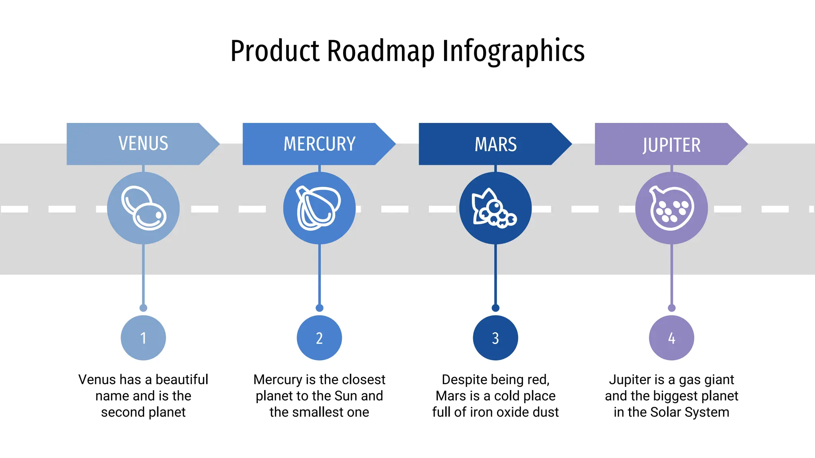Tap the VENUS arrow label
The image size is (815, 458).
(143, 144)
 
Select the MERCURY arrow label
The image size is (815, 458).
(319, 144)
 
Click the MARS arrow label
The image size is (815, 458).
(495, 144)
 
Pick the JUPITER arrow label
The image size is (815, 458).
(671, 144)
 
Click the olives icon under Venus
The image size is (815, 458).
(143, 208)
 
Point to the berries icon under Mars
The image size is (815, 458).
(495, 208)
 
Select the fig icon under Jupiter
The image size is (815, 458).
(671, 208)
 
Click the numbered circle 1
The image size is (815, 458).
(143, 338)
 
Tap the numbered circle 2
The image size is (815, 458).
(319, 338)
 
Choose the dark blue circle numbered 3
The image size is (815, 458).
(495, 338)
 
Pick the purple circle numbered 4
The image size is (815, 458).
(671, 338)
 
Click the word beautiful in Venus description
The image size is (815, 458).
(181, 380)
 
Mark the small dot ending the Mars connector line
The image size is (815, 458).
(495, 308)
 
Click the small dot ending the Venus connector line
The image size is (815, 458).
(143, 308)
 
